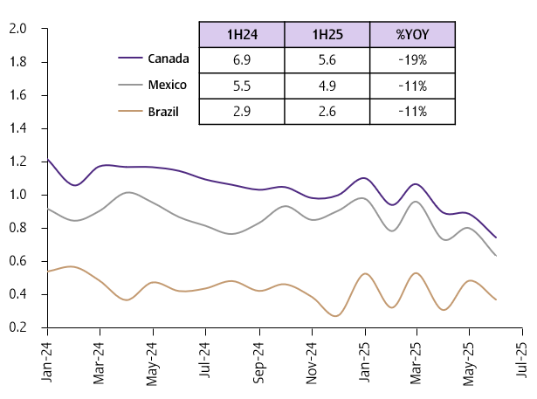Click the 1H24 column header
point(242,36)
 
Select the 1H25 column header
point(327,36)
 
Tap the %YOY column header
point(412,36)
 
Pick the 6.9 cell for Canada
point(242,60)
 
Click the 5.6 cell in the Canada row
point(327,60)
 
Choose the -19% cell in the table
point(412,60)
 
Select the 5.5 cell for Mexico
point(242,86)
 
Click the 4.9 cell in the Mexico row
point(327,86)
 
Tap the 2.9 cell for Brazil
point(242,111)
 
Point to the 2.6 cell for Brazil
point(327,111)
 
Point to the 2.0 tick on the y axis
point(17,29)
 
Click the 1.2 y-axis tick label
point(17,162)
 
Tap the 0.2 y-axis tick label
point(17,327)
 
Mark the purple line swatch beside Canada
point(130,59)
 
